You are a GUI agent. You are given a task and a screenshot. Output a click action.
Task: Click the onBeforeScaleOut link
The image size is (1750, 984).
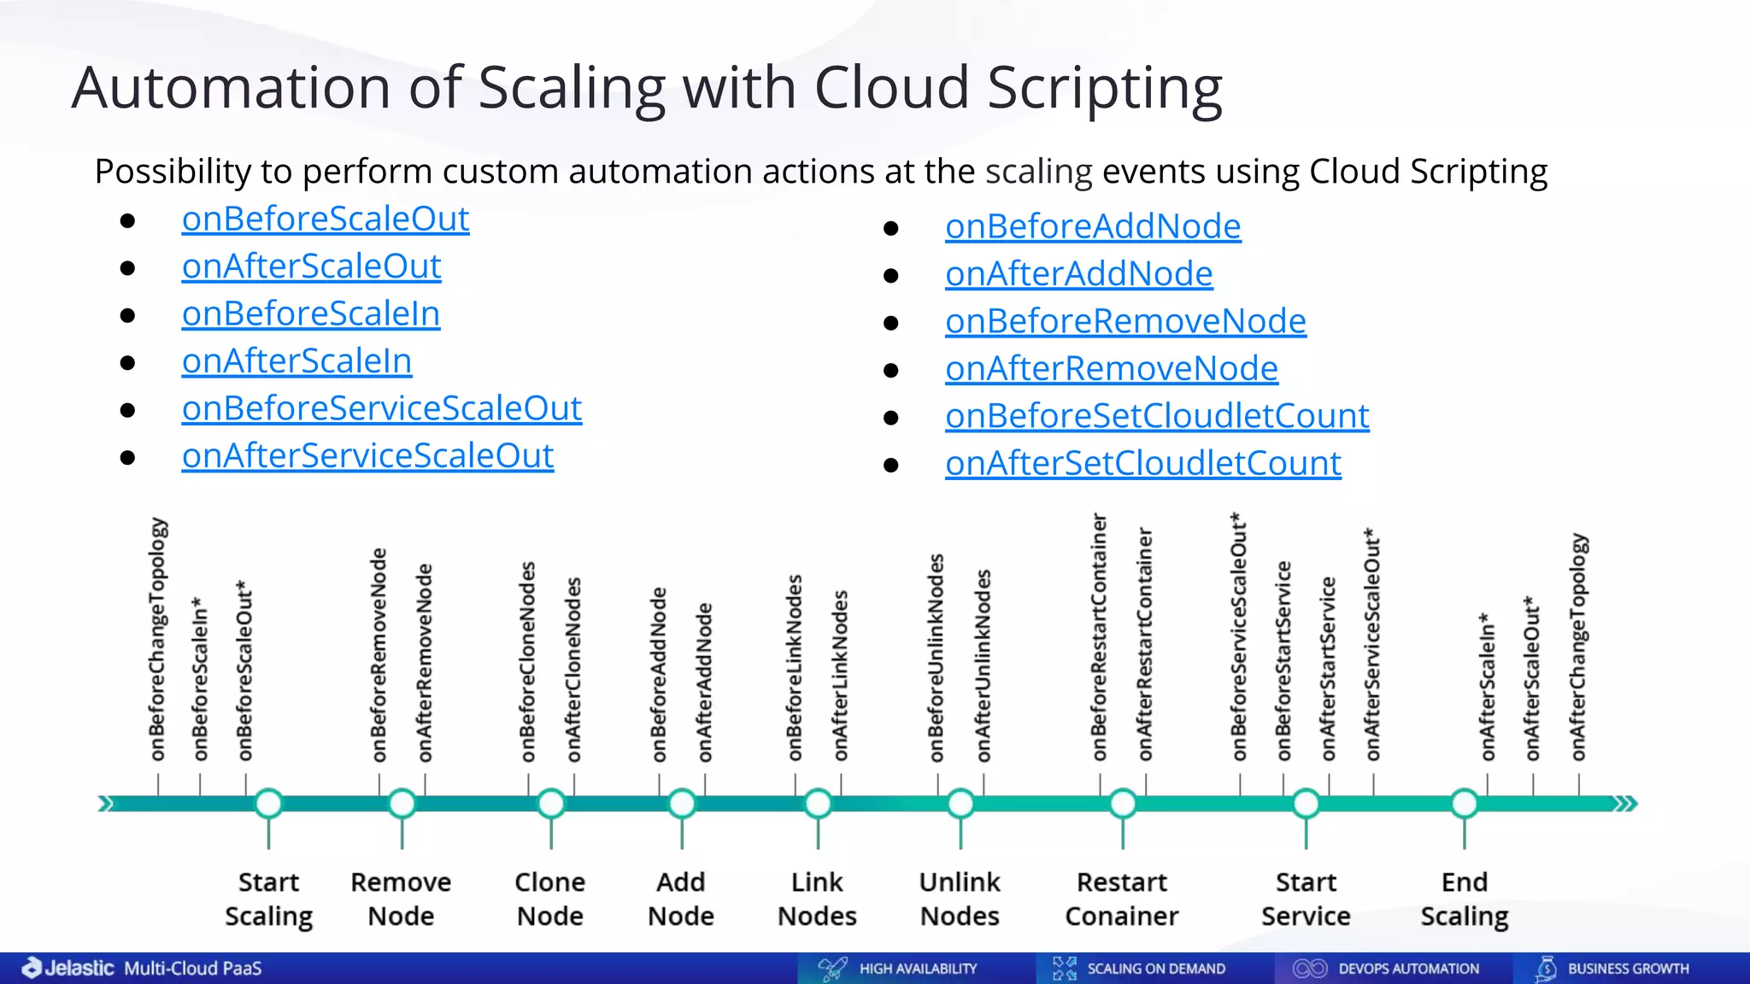coord(325,220)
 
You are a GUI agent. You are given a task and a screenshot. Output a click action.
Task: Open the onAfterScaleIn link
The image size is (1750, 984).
coord(297,361)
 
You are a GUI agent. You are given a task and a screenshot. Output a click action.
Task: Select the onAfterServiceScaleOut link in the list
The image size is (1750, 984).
coord(367,456)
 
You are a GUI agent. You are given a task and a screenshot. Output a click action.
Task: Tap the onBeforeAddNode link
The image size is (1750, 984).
coord(1093,227)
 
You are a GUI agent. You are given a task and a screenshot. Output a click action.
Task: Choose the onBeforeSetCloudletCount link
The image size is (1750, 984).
coord(1157,417)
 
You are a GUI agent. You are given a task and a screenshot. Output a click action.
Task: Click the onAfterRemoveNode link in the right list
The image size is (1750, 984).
coord(1111,369)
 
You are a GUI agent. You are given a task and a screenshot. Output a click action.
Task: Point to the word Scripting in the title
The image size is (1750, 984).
coord(1104,88)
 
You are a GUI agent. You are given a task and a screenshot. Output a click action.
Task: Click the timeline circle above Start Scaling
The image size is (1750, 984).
coord(269,804)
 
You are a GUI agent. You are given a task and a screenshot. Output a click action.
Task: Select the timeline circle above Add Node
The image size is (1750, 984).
coord(681,804)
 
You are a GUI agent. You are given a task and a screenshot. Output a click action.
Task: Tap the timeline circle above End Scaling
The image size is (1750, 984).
coord(1464,804)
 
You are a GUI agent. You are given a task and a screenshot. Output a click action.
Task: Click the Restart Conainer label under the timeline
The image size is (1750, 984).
coord(1121,899)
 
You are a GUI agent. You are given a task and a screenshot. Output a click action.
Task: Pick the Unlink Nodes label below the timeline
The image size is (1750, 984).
coord(960,899)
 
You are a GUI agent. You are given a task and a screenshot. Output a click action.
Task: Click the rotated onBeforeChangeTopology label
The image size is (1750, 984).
coord(158,639)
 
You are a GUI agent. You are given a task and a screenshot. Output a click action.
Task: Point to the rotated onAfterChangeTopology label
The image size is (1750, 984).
coord(1578,647)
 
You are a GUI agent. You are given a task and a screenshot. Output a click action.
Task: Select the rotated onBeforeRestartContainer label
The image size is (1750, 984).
coord(1099,637)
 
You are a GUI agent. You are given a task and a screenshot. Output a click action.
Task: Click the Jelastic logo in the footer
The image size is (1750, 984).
coord(68,968)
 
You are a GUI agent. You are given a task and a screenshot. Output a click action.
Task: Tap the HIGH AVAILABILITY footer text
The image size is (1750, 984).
coord(918,969)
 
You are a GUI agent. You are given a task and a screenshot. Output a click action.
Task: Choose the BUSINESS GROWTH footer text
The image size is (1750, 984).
coord(1628,969)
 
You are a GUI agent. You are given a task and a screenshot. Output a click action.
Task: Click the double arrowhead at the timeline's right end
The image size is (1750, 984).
coord(1624,804)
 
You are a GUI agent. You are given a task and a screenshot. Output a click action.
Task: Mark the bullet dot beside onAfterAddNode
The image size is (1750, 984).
coord(891,276)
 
